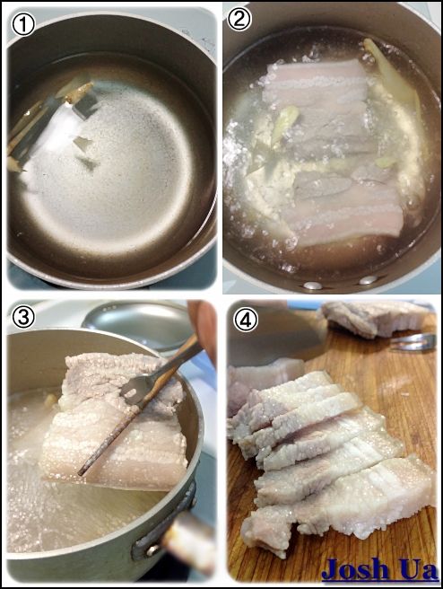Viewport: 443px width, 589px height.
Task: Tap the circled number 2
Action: click(x=239, y=19)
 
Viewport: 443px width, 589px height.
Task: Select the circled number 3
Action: click(x=23, y=317)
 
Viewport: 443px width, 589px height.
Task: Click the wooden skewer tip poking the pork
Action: click(x=80, y=473)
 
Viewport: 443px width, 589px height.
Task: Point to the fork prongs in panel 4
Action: click(x=412, y=342)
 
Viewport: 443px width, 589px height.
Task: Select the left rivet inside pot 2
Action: click(x=312, y=286)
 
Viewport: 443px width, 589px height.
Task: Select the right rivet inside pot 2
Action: click(x=368, y=280)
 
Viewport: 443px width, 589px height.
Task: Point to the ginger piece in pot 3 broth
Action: click(x=50, y=400)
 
